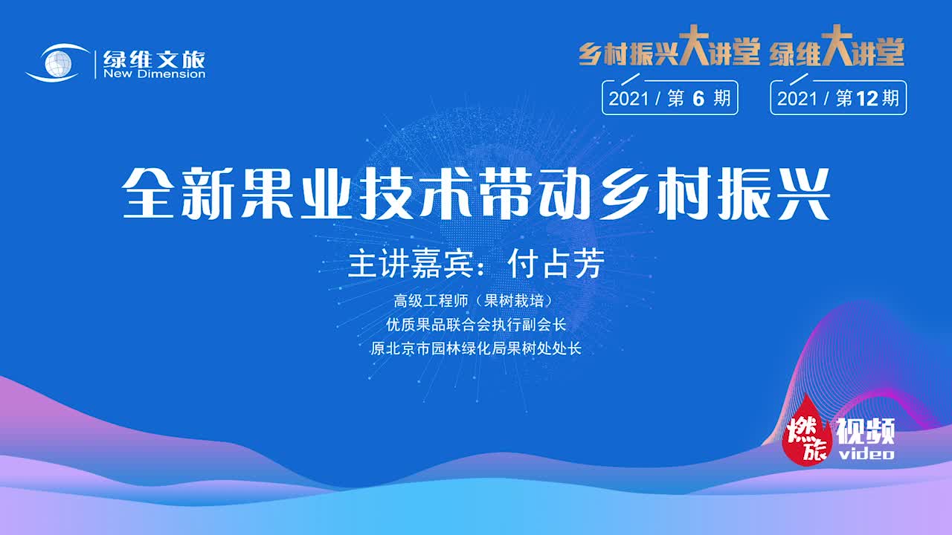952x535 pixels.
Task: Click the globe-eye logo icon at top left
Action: (x=58, y=62)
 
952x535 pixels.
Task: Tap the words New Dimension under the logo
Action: (x=154, y=74)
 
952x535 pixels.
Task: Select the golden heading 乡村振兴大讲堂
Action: (x=669, y=53)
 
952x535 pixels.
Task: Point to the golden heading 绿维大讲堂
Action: (x=837, y=53)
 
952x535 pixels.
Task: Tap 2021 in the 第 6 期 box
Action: (x=629, y=98)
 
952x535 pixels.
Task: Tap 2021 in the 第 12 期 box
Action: (x=797, y=98)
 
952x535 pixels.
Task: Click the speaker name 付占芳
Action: (x=554, y=264)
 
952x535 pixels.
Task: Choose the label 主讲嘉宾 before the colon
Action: (x=405, y=264)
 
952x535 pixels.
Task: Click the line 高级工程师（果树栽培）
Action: (x=476, y=302)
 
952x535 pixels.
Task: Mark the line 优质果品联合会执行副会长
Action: (x=476, y=325)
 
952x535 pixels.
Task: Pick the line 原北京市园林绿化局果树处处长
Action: (x=476, y=348)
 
